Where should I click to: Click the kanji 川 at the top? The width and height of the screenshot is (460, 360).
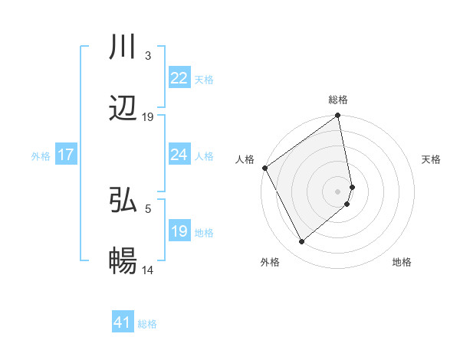(123, 47)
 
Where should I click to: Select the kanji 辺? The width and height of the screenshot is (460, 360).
(123, 109)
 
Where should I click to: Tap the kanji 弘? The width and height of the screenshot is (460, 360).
(123, 200)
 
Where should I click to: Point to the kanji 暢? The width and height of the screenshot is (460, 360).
(123, 262)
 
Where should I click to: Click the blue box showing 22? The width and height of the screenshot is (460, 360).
(179, 77)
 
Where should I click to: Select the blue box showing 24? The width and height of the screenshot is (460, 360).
(179, 155)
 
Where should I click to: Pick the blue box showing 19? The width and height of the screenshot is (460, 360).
(179, 231)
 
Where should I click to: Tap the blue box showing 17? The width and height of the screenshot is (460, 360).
(66, 155)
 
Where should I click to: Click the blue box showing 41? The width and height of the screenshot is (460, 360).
(123, 322)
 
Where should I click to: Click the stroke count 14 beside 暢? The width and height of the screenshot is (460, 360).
(148, 270)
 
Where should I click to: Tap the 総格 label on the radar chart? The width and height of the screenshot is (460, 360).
(338, 100)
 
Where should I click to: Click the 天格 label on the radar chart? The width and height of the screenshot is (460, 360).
(431, 159)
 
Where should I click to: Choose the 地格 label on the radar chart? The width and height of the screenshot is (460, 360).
(402, 263)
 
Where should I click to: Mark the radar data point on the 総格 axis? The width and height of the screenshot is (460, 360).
(338, 116)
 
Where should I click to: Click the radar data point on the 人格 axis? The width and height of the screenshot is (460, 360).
(264, 168)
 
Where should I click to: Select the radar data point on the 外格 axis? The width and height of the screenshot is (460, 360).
(301, 242)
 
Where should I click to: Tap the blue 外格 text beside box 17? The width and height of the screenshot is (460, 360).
(41, 155)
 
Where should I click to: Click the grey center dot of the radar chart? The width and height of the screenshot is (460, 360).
(338, 191)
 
